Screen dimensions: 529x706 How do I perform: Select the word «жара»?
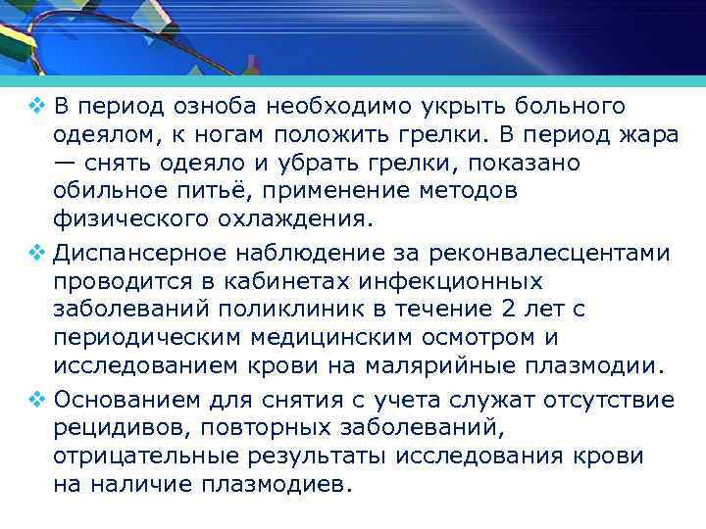pyautogui.click(x=648, y=133)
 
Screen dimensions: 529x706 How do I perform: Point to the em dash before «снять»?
pyautogui.click(x=69, y=161)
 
